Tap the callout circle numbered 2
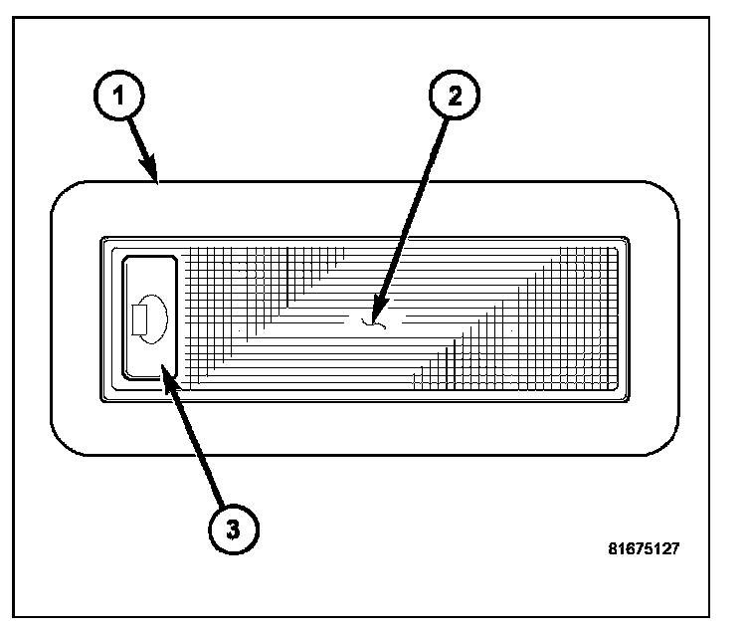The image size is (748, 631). click(x=454, y=96)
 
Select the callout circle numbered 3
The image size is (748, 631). click(x=232, y=527)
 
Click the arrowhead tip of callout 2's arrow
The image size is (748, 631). click(x=374, y=320)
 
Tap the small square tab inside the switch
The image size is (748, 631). click(x=139, y=318)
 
